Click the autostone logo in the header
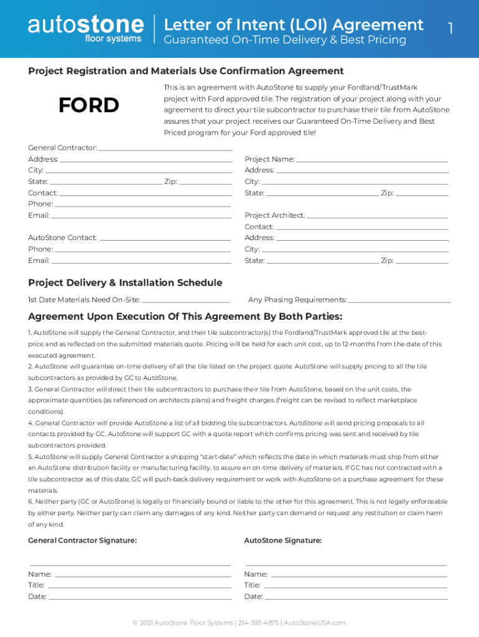[x=85, y=29]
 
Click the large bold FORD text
[x=89, y=106]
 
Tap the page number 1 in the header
[x=450, y=28]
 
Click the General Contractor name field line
[x=165, y=149]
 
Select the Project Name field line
[x=372, y=160]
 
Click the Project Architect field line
[x=377, y=216]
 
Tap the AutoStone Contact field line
[x=165, y=239]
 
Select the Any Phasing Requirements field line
[x=399, y=301]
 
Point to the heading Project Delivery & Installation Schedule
[x=125, y=282]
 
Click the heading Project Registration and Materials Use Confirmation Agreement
[x=186, y=71]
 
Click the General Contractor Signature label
[x=82, y=541]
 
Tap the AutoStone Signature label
[x=283, y=541]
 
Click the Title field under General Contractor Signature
[x=139, y=586]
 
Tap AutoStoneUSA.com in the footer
[x=314, y=623]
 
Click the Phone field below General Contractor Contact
[x=143, y=205]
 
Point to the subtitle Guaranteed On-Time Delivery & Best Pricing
[x=284, y=40]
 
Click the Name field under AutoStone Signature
[x=359, y=575]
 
